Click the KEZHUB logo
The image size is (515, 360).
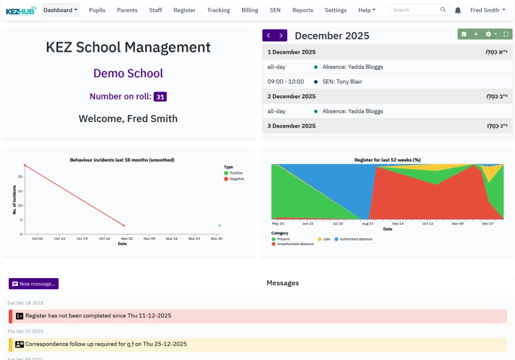[21, 10]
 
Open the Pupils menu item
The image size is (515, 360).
[97, 10]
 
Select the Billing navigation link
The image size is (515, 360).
[250, 10]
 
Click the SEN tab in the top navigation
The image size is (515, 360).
[275, 10]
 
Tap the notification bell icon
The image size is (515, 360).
[458, 10]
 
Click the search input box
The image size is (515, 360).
[415, 10]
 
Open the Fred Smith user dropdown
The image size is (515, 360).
[487, 10]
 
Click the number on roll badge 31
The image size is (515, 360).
[160, 97]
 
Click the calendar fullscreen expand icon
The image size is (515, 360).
[506, 34]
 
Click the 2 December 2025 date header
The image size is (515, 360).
[291, 96]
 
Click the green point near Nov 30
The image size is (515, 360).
[219, 226]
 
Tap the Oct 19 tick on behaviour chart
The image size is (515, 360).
[82, 238]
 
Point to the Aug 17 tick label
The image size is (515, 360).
[368, 224]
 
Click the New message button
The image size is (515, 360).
[33, 284]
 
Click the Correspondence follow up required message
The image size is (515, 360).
[106, 344]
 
